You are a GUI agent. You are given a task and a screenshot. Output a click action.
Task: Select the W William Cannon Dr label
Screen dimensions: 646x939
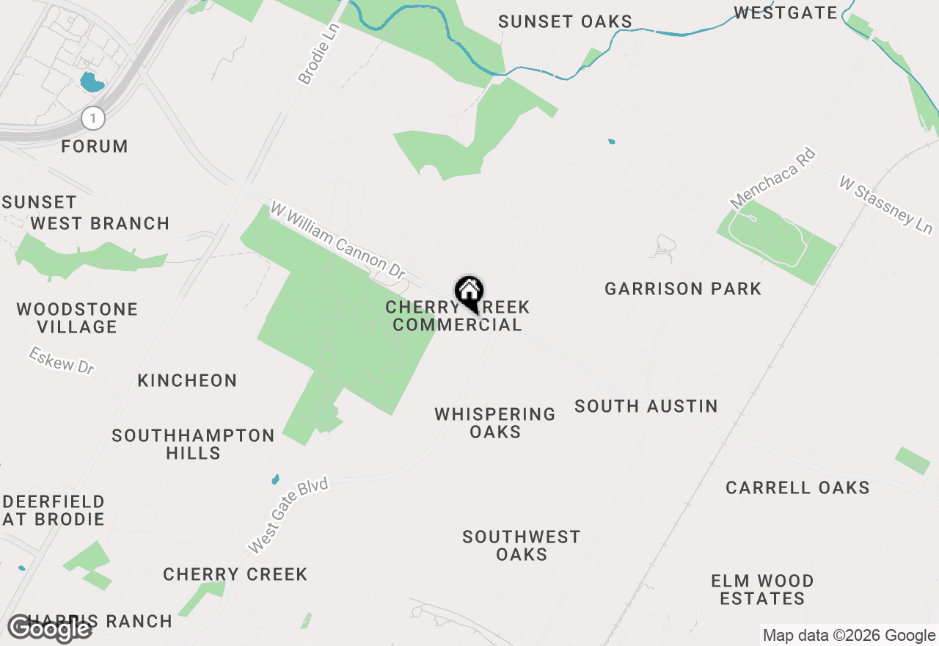pyautogui.click(x=338, y=242)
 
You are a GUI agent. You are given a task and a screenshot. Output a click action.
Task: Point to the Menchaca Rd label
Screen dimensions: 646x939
pyautogui.click(x=772, y=178)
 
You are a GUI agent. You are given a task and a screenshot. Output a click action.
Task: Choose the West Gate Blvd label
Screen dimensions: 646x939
pyautogui.click(x=288, y=515)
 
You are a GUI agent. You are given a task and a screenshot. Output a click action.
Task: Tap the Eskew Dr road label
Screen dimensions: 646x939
pyautogui.click(x=62, y=361)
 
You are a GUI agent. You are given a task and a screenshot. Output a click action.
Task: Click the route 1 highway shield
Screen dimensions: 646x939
pyautogui.click(x=93, y=117)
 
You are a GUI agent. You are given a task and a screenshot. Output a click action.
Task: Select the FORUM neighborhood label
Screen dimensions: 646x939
pyautogui.click(x=95, y=147)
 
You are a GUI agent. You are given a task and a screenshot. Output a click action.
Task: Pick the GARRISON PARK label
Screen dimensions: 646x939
pyautogui.click(x=683, y=289)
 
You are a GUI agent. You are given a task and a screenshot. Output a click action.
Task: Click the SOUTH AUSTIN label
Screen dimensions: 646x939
pyautogui.click(x=646, y=406)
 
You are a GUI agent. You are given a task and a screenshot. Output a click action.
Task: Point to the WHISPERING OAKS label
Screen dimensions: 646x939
pyautogui.click(x=495, y=423)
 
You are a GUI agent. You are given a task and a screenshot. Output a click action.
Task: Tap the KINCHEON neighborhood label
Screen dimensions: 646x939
pyautogui.click(x=188, y=380)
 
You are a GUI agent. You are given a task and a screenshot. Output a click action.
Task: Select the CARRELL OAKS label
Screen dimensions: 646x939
pyautogui.click(x=797, y=487)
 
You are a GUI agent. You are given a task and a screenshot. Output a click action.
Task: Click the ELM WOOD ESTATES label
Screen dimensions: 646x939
pyautogui.click(x=762, y=589)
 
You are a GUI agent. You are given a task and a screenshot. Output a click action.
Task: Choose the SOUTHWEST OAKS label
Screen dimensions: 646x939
pyautogui.click(x=522, y=545)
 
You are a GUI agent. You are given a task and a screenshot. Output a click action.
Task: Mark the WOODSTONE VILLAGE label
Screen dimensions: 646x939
pyautogui.click(x=77, y=318)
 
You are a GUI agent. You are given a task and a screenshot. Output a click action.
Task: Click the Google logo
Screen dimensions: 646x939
pyautogui.click(x=50, y=629)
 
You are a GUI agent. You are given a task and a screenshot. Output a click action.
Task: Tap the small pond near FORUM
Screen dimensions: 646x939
pyautogui.click(x=92, y=81)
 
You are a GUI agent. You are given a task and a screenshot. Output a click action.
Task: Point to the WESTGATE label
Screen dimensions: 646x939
pyautogui.click(x=786, y=12)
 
